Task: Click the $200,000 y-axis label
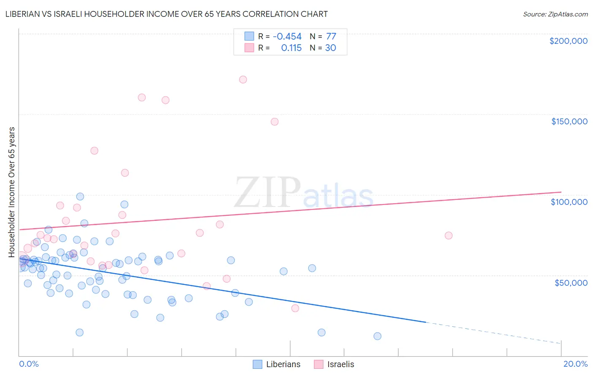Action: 568,41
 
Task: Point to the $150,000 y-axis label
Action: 569,121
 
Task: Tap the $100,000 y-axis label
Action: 569,202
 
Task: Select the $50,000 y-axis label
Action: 571,283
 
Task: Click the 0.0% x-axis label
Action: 29,364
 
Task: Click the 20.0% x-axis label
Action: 575,364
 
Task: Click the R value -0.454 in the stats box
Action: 287,37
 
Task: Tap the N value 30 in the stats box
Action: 330,48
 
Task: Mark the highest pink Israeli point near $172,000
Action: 243,80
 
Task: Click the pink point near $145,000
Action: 275,122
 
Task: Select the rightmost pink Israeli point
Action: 448,236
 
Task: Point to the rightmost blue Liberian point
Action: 377,336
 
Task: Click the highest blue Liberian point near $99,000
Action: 80,196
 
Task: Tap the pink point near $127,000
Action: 94,150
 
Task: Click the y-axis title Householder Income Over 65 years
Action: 12,192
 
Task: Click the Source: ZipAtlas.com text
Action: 555,14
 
